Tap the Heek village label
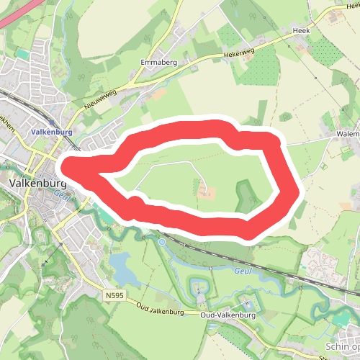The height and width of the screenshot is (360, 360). pos(301,32)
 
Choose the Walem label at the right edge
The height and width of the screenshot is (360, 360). pos(348,134)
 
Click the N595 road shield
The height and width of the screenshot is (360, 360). pos(113,295)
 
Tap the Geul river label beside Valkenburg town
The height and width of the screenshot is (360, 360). pos(60,194)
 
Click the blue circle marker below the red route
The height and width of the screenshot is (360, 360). pos(162,242)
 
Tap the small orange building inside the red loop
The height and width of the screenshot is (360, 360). pos(207,192)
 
